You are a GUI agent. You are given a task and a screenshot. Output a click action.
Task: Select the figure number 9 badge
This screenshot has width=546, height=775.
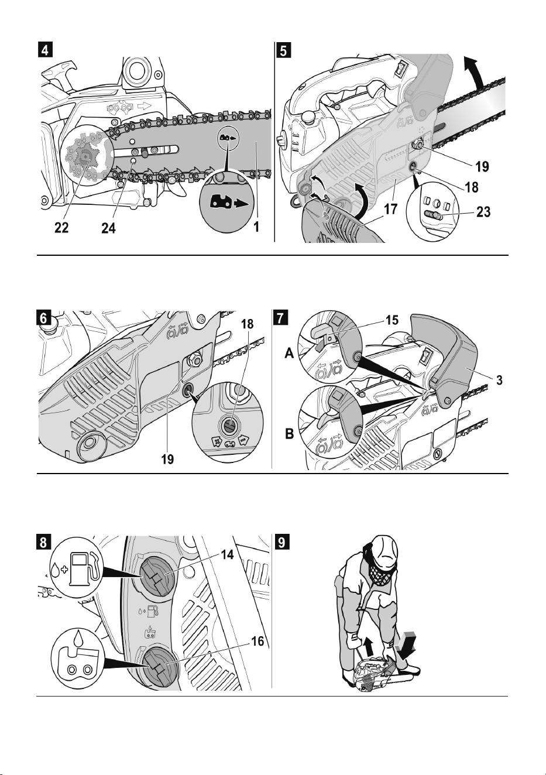(x=281, y=542)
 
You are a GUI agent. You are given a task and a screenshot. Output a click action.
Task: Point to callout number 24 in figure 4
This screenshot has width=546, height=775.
(x=108, y=228)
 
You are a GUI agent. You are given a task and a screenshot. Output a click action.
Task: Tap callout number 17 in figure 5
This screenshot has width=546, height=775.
(x=390, y=210)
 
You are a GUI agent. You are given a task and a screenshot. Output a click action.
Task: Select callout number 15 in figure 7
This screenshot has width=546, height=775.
(x=392, y=320)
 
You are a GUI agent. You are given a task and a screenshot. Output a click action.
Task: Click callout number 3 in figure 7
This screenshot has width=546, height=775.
(x=499, y=380)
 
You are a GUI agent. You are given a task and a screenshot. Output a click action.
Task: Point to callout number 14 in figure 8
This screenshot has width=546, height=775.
(x=226, y=554)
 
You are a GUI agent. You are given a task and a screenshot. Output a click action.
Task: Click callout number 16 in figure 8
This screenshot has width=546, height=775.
(x=257, y=642)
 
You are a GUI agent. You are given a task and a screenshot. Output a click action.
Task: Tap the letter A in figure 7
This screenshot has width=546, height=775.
(x=290, y=354)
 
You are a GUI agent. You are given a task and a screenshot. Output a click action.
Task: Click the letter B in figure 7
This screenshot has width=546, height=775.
(x=290, y=434)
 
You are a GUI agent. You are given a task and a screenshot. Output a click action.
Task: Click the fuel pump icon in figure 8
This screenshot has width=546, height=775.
(x=84, y=569)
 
